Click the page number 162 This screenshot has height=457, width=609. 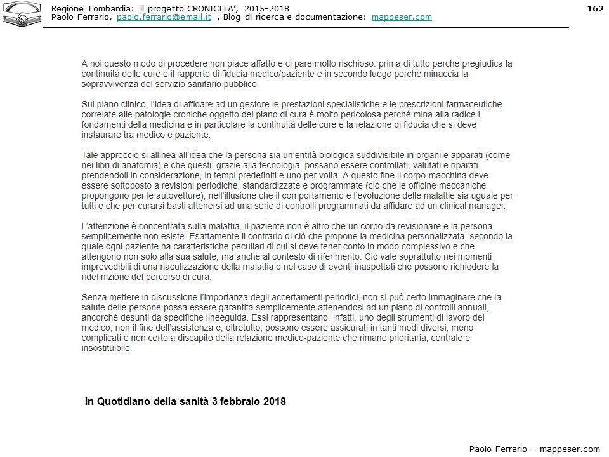coord(595,8)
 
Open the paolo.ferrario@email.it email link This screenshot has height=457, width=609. coord(164,17)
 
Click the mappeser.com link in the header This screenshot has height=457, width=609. coord(402,17)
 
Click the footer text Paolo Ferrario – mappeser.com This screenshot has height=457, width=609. coord(534,449)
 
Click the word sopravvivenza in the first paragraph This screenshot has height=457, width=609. coord(111,84)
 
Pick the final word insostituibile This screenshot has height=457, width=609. coord(107,348)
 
